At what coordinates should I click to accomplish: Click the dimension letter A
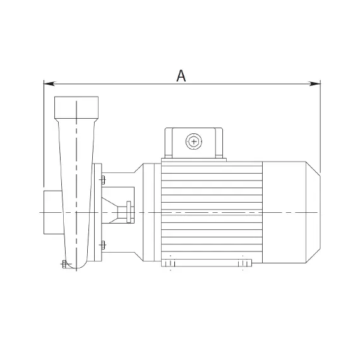point(181,76)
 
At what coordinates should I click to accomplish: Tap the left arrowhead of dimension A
point(49,83)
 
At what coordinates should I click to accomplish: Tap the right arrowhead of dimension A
point(315,83)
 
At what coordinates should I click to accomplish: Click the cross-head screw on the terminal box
point(194,141)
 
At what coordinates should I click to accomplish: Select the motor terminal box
point(194,143)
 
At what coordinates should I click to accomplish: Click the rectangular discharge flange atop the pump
point(76,107)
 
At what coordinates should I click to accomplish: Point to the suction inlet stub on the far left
point(53,212)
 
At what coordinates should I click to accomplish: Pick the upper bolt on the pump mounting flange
point(103,180)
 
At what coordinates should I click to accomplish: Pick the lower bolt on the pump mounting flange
point(103,245)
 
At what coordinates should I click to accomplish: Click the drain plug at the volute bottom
point(64,264)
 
